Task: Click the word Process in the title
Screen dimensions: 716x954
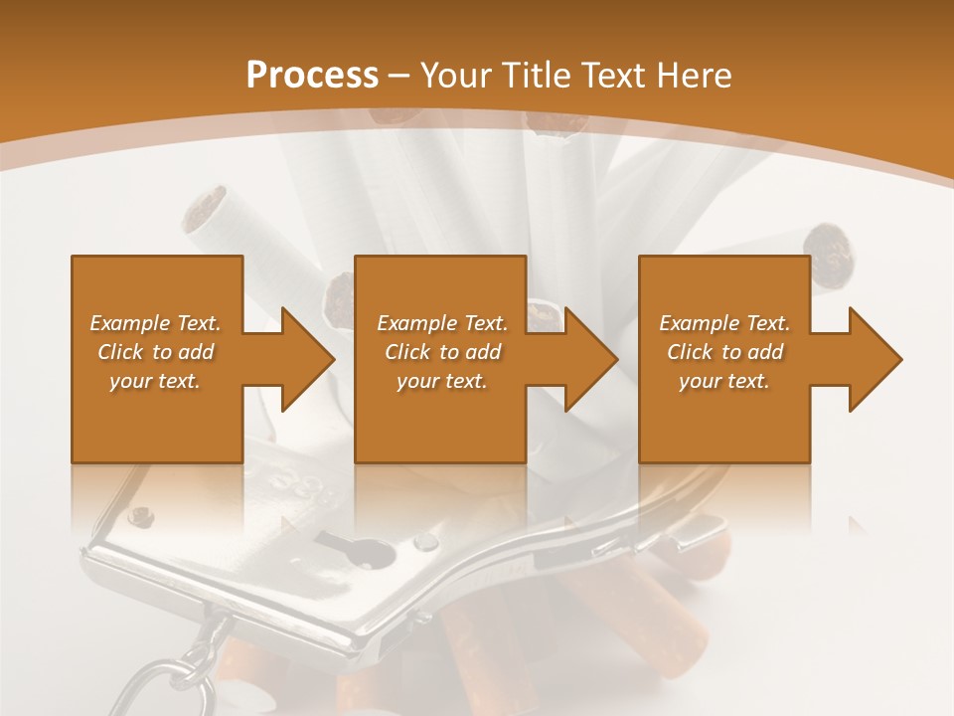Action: click(x=312, y=76)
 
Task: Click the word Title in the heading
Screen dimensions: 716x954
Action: click(x=534, y=76)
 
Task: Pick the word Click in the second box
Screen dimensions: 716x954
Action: click(x=407, y=352)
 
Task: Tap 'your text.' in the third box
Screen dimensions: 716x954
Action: click(x=723, y=381)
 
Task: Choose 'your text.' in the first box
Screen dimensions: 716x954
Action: click(x=155, y=381)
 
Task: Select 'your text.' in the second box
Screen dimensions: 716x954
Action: click(x=441, y=381)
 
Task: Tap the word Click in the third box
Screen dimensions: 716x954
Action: click(x=690, y=352)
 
